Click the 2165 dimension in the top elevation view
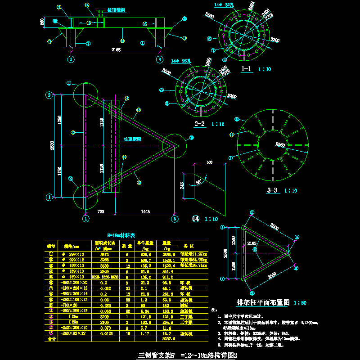coord(116,50)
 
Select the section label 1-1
coord(248,69)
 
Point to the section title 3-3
coord(272,190)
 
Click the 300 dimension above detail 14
coord(209,162)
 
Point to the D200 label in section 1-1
coord(275,40)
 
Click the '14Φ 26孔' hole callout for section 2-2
coord(182,61)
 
